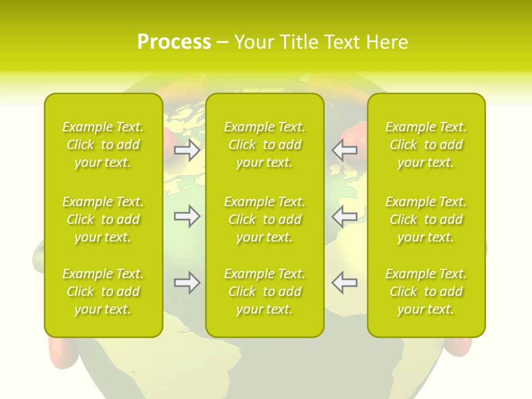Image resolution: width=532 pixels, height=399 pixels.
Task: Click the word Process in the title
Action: point(174,42)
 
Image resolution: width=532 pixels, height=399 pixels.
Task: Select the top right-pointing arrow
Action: point(187,150)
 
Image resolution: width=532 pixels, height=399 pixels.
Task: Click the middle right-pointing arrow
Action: point(187,216)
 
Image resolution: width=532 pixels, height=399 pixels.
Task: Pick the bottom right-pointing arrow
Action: point(187,283)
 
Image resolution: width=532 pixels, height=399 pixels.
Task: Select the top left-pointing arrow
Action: point(345,150)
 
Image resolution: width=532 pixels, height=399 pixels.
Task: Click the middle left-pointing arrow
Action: point(345,216)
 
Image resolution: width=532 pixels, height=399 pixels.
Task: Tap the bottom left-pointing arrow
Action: point(345,283)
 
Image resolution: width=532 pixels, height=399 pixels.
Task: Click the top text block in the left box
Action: point(103,145)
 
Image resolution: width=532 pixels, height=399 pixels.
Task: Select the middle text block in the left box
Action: point(103,219)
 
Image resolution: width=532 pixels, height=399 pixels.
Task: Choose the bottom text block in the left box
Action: point(103,291)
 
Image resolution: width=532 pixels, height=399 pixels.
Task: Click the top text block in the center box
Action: point(265,145)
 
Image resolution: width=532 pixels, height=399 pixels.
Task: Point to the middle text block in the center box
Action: point(265,219)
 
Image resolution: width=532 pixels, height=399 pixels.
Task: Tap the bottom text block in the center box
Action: point(265,291)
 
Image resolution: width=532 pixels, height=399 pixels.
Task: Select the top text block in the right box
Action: point(426,145)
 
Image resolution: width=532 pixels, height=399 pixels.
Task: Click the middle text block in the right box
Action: point(426,219)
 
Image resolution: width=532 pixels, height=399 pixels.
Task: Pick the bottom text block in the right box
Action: point(426,291)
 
